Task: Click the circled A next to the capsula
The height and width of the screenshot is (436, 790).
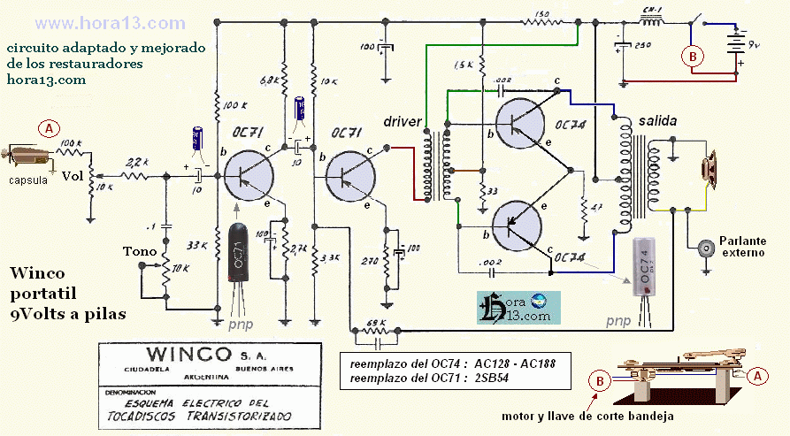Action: coord(50,129)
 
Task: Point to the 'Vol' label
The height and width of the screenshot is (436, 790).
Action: coord(72,176)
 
